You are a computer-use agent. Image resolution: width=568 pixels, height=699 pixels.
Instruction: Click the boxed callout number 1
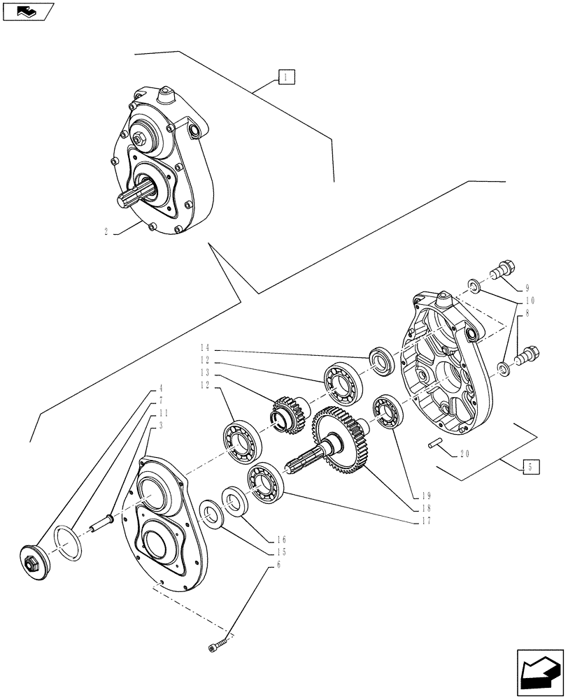[x=286, y=77]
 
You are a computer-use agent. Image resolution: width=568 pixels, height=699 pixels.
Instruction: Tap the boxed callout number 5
[x=531, y=466]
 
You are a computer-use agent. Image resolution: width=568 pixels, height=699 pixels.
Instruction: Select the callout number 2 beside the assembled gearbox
[x=106, y=232]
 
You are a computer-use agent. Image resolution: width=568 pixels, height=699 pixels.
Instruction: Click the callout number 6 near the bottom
[x=278, y=564]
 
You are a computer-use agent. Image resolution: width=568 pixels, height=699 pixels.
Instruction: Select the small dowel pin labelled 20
[x=433, y=442]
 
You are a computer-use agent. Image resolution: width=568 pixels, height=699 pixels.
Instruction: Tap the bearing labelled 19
[x=385, y=411]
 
